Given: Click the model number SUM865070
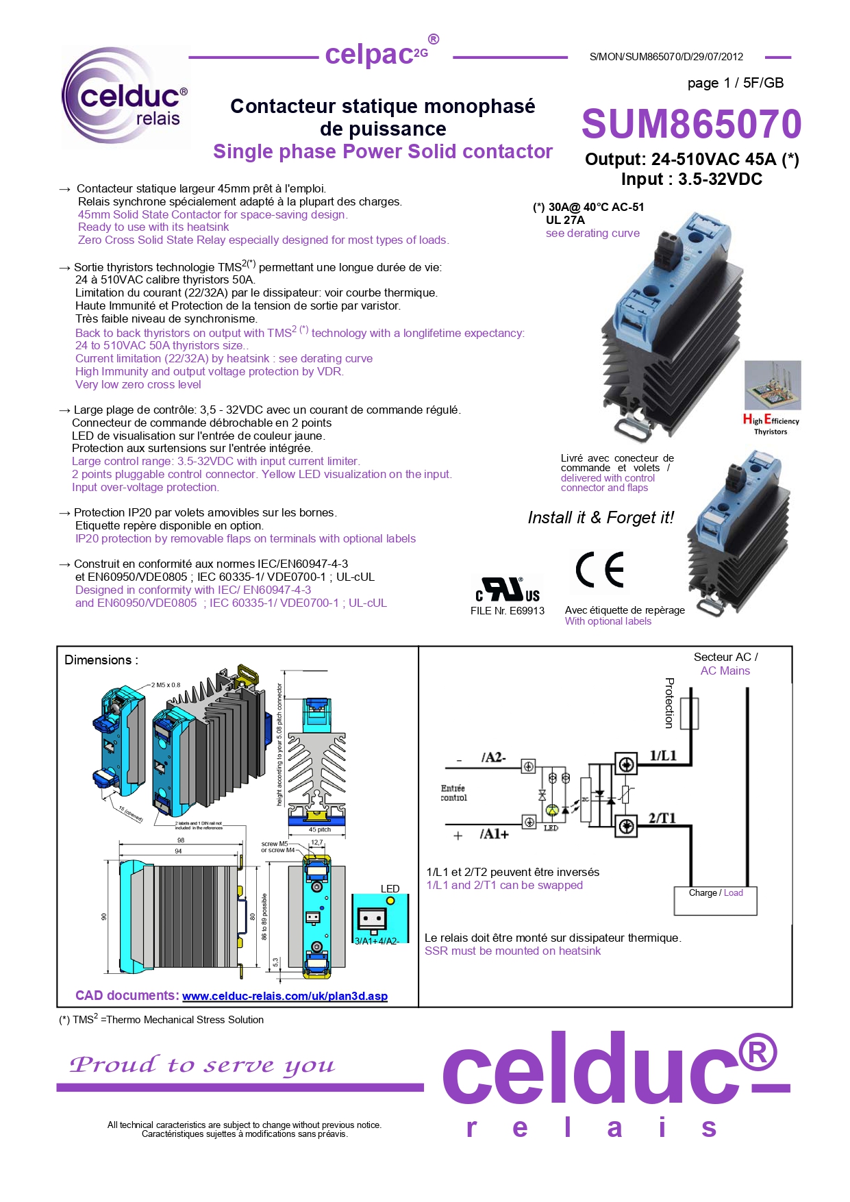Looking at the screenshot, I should pyautogui.click(x=690, y=124).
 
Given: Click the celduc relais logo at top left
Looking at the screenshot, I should pyautogui.click(x=125, y=97).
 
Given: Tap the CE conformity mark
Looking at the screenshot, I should pyautogui.click(x=600, y=570).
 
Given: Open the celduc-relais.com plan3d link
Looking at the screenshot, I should pyautogui.click(x=284, y=996).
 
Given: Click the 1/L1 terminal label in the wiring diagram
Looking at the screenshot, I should pyautogui.click(x=662, y=755).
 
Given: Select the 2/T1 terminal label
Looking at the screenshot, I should pyautogui.click(x=662, y=818).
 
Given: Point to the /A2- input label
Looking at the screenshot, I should pyautogui.click(x=493, y=757).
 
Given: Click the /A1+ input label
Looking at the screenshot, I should pyautogui.click(x=494, y=834).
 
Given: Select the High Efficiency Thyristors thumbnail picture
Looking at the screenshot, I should pyautogui.click(x=772, y=386).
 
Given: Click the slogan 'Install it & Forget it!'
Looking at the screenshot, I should pyautogui.click(x=601, y=517).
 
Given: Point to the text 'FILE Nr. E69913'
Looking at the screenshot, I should pyautogui.click(x=507, y=611).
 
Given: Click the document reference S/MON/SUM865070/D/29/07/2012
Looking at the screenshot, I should pyautogui.click(x=666, y=57).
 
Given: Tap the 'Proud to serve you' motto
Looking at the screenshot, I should pyautogui.click(x=202, y=1065).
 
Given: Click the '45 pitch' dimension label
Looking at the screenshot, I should pyautogui.click(x=319, y=829).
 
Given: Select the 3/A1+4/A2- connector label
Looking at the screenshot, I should pyautogui.click(x=377, y=941).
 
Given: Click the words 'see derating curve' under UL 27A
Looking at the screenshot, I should pyautogui.click(x=592, y=233).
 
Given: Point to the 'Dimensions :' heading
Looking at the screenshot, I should pyautogui.click(x=101, y=660).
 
